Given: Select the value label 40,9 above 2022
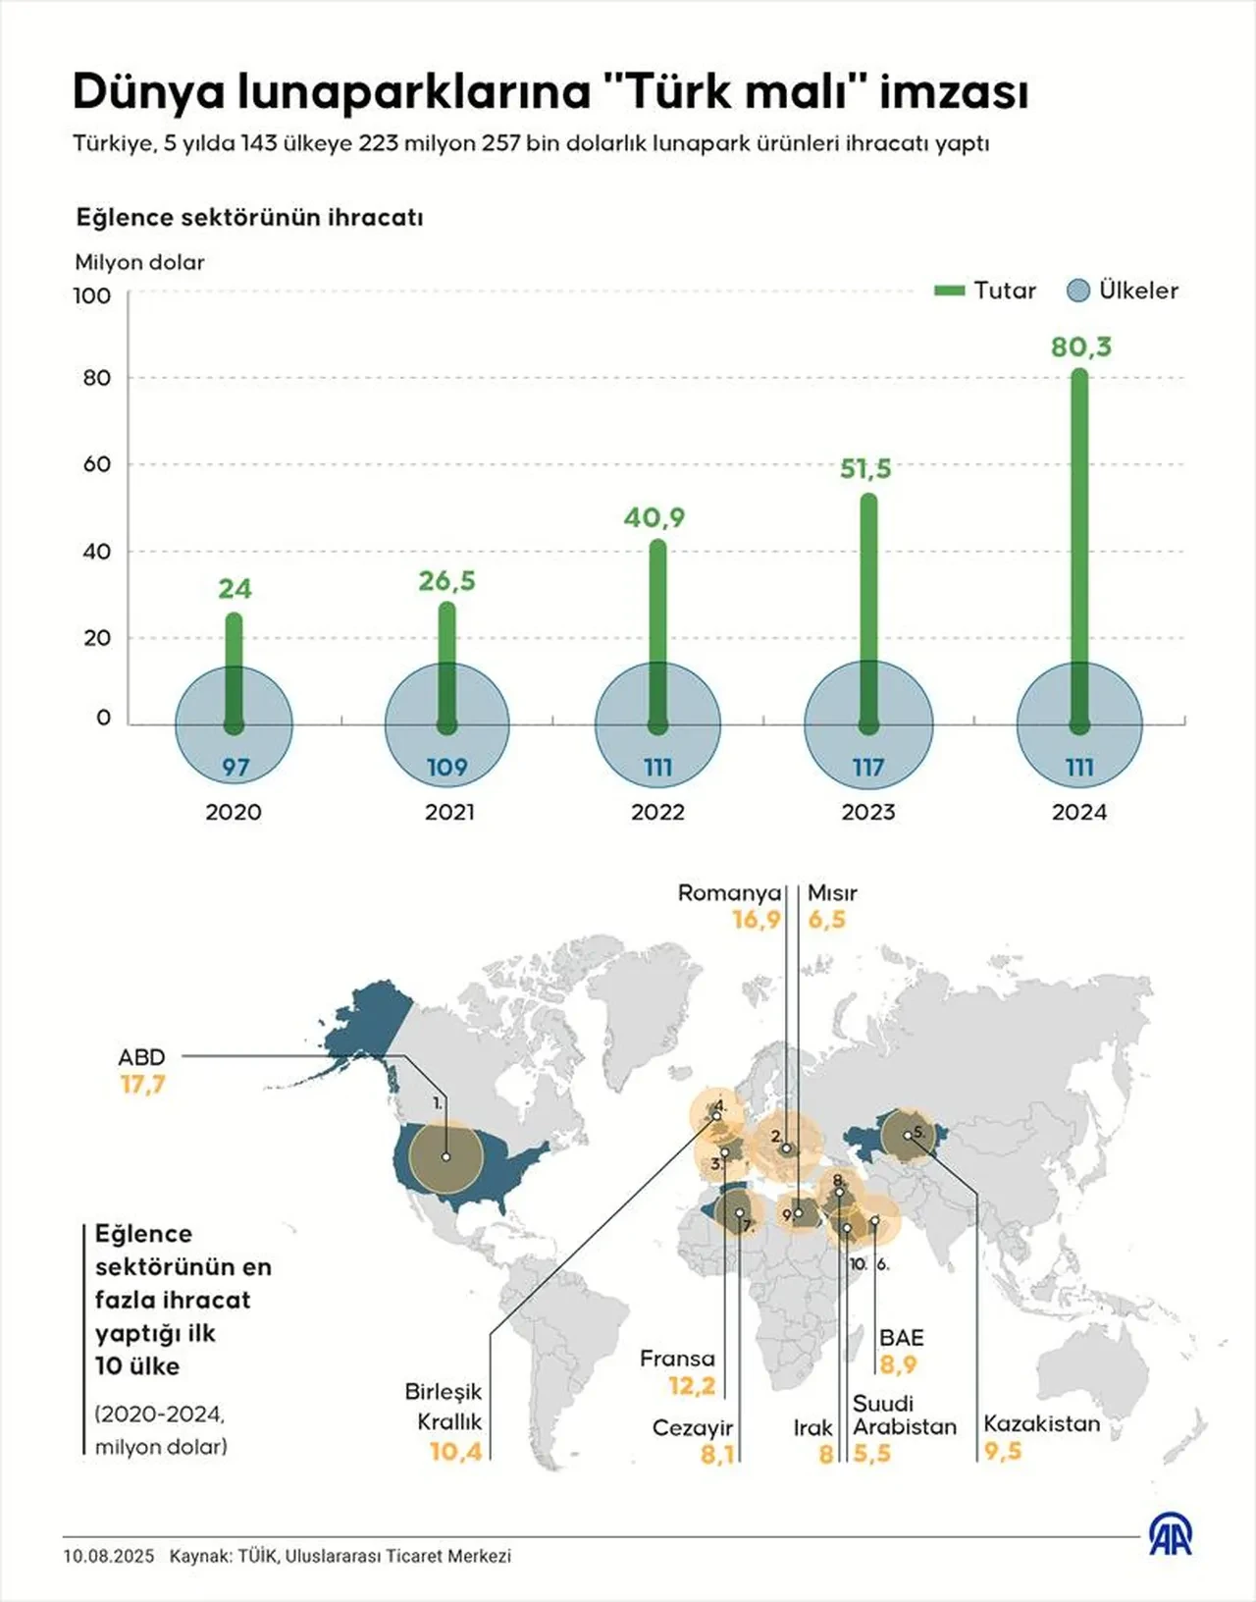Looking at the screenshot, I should click(654, 517).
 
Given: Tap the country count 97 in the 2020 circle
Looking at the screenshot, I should click(235, 768).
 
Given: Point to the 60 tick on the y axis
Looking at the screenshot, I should click(96, 464).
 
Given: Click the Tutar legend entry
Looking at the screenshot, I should click(986, 291).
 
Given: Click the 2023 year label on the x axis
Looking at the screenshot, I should click(868, 812).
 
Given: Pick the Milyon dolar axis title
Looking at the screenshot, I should click(140, 262).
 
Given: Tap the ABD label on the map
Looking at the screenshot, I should click(141, 1057).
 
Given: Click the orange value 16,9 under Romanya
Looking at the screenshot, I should click(757, 920).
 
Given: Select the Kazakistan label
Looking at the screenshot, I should click(1042, 1423).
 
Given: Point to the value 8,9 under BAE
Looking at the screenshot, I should click(898, 1364).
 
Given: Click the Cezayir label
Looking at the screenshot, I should click(693, 1427).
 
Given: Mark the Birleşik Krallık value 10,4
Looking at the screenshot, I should click(456, 1451).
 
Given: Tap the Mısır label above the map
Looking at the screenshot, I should click(832, 893).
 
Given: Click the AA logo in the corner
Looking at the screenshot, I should click(1171, 1535).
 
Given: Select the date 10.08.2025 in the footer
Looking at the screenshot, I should click(109, 1556).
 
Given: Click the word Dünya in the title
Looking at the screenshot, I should click(147, 92).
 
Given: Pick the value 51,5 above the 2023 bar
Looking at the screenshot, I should click(865, 469).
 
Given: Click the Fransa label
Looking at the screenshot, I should click(677, 1359).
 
